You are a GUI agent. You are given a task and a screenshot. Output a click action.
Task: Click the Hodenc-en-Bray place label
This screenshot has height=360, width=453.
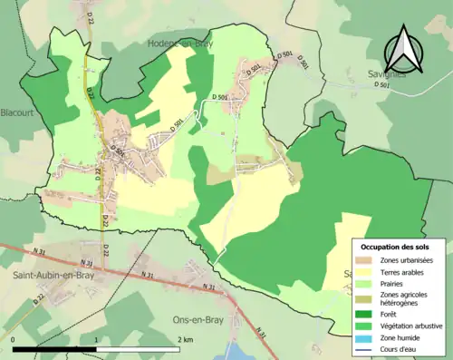coord(187,43)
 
